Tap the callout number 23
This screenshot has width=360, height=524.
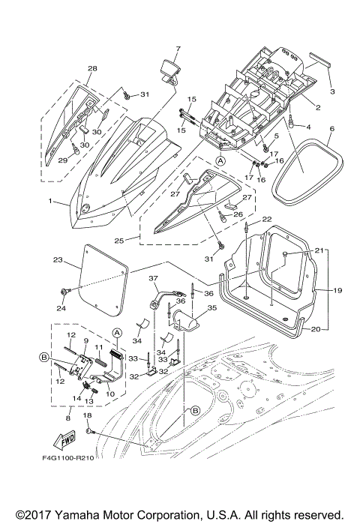tap(57, 260)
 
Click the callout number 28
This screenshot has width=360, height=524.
tap(92, 69)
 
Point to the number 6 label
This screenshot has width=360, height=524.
tap(331, 128)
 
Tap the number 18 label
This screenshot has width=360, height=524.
tap(87, 415)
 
